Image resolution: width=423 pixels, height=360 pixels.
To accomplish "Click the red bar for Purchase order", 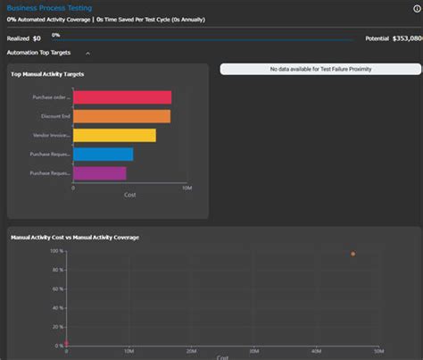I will click(x=121, y=97).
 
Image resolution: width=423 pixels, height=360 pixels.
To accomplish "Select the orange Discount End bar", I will click(x=121, y=116).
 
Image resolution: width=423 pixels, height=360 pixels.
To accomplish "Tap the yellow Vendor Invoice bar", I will click(x=114, y=136).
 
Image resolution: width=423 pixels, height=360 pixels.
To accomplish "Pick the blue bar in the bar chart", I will click(x=103, y=155).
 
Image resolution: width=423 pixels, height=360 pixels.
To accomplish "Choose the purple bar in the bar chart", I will click(x=99, y=173).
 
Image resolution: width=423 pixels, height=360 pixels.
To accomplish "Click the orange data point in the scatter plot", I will click(x=352, y=255).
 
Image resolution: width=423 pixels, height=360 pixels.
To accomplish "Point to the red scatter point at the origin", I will click(x=66, y=344).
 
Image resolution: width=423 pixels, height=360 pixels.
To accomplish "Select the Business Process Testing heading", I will click(x=46, y=7).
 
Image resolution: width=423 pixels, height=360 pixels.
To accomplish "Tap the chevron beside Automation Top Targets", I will click(x=87, y=54).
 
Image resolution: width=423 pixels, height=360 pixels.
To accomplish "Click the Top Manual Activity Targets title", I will click(x=46, y=74).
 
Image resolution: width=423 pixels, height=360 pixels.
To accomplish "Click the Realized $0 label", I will click(x=24, y=38).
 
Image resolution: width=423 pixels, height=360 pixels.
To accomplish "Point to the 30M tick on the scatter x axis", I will click(x=255, y=352).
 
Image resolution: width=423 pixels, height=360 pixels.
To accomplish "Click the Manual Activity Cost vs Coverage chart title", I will click(x=74, y=237).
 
